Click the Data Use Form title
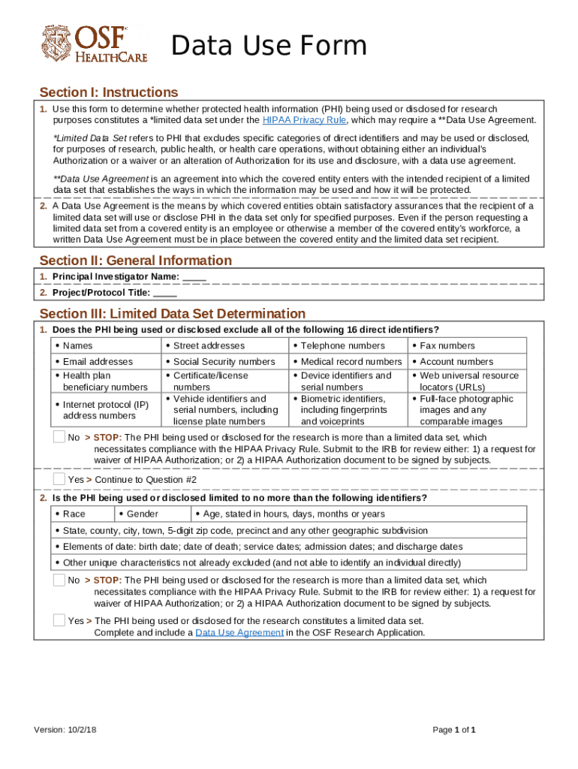(x=269, y=47)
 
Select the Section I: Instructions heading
(x=109, y=92)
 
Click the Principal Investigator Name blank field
(x=194, y=276)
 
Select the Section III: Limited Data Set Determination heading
(x=173, y=313)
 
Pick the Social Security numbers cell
(x=224, y=362)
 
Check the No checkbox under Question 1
(x=59, y=437)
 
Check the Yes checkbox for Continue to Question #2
(x=59, y=479)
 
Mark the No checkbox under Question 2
(x=59, y=580)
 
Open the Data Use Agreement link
(x=239, y=632)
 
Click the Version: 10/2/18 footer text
(x=65, y=730)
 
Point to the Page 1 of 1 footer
(x=455, y=730)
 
